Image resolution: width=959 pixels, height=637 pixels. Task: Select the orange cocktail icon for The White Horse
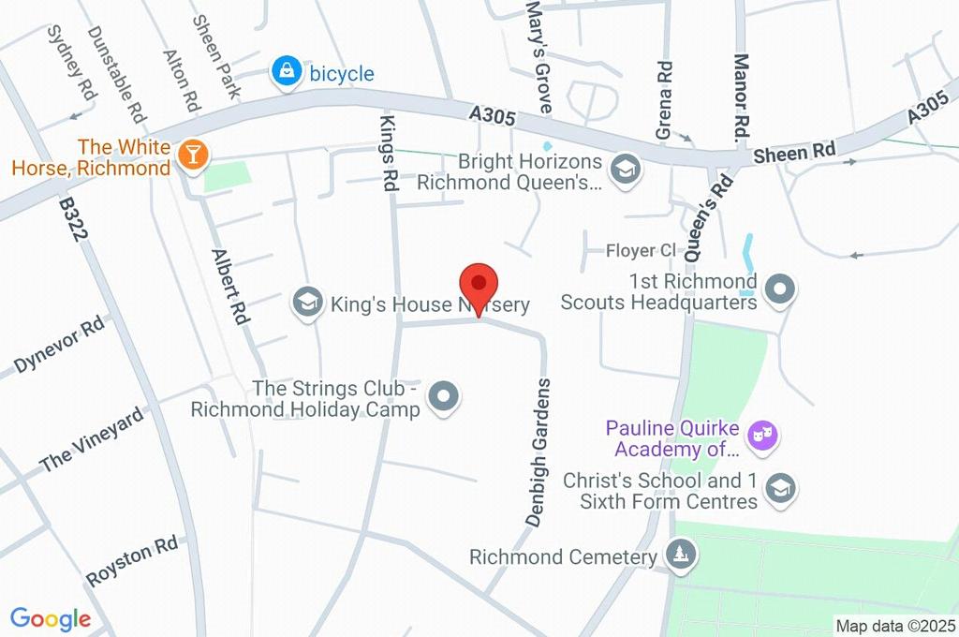[x=194, y=156]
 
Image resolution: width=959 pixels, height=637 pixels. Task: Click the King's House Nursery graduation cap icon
[x=306, y=303]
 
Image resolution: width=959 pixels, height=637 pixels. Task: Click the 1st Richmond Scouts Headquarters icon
[x=779, y=290]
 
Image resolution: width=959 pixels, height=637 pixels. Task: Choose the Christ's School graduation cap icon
[x=779, y=488]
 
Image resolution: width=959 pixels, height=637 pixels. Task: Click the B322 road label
[x=75, y=219]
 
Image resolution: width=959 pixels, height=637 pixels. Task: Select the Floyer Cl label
[x=641, y=250]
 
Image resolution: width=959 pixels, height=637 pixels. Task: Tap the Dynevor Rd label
[x=59, y=345]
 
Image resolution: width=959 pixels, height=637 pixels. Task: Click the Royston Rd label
[x=131, y=561]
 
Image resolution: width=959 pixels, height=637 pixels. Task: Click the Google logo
[x=51, y=619]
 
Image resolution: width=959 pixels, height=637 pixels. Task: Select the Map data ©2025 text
[x=895, y=626]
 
